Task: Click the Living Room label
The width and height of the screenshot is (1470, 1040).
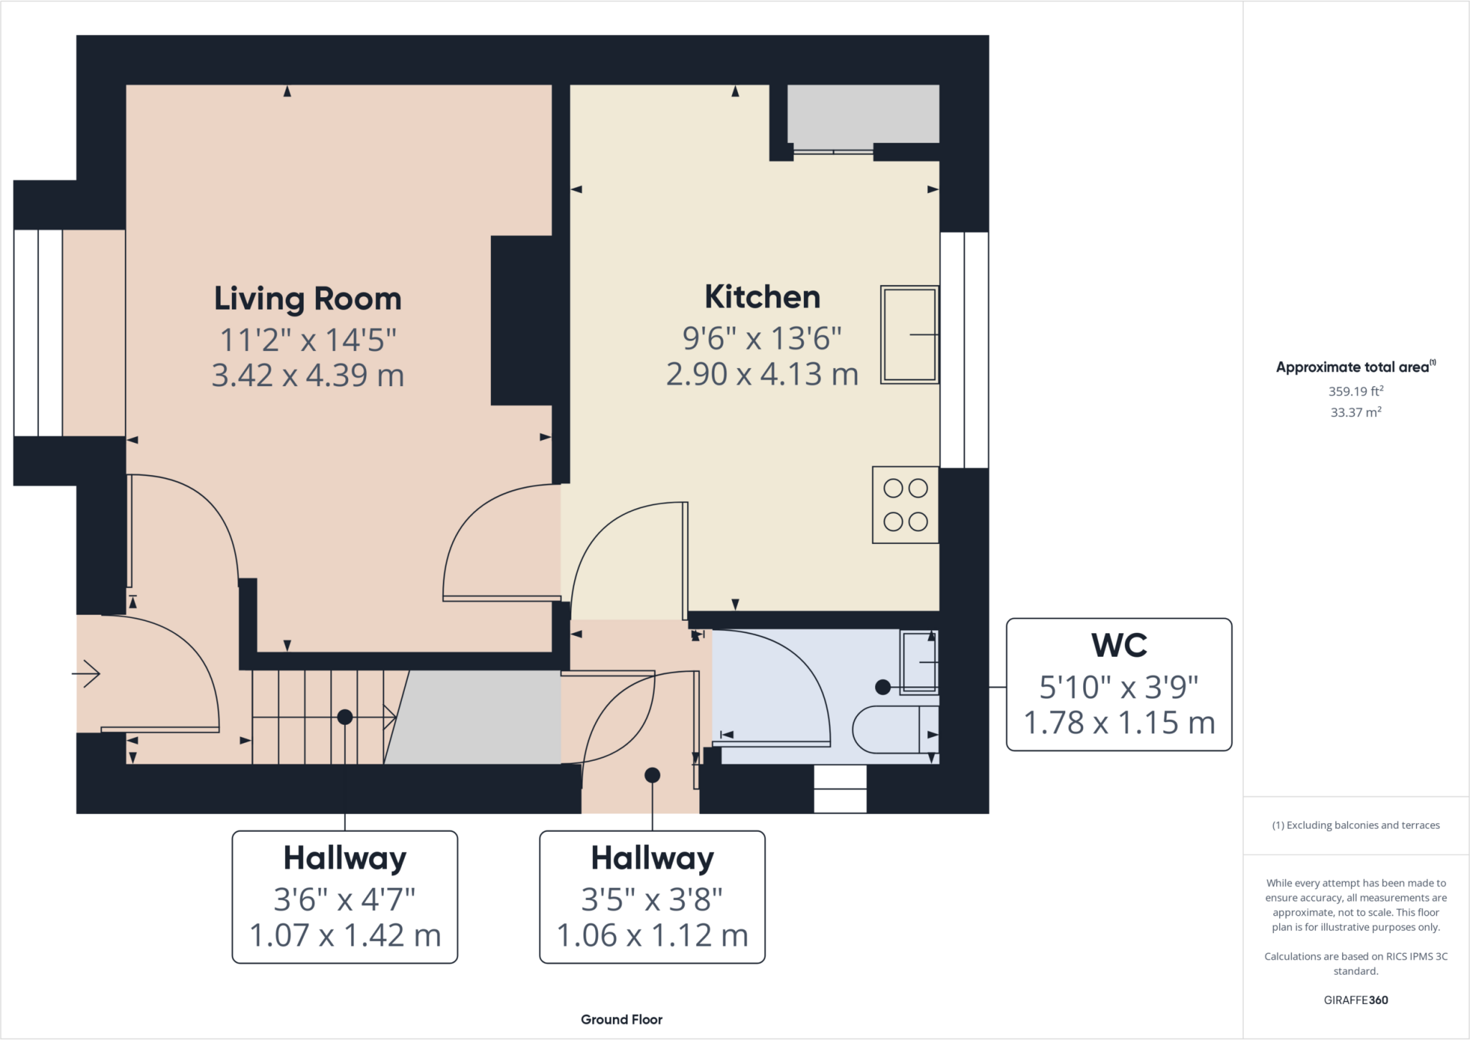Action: pos(307,299)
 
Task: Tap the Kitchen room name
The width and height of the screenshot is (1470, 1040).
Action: pos(762,297)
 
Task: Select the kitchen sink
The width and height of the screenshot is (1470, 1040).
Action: pos(909,334)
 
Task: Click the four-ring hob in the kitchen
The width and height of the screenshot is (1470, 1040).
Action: pos(905,505)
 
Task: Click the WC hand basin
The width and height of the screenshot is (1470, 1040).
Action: pos(919,662)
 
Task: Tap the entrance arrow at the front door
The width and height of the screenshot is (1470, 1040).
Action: pos(87,673)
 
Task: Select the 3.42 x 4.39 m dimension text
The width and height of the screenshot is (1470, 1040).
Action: pos(307,375)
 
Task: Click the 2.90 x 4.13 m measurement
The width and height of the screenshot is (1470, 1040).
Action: pos(762,374)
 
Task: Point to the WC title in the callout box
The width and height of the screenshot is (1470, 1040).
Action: pos(1118,645)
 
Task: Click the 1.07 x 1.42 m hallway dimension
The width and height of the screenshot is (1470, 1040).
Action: pos(345,935)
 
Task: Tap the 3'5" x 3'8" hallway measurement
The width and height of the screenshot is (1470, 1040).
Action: pos(652,899)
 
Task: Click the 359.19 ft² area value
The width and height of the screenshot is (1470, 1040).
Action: pos(1355,391)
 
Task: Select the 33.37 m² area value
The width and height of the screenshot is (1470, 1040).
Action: pos(1355,412)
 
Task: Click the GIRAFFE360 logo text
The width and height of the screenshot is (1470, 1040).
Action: pos(1355,1000)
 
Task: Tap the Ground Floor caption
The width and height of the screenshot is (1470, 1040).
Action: pos(622,1019)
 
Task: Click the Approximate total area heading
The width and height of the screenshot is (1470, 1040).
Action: pos(1354,367)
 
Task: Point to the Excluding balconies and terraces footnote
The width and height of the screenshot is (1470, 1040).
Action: pos(1355,825)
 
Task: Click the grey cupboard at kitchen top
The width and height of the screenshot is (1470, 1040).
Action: pos(863,113)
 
